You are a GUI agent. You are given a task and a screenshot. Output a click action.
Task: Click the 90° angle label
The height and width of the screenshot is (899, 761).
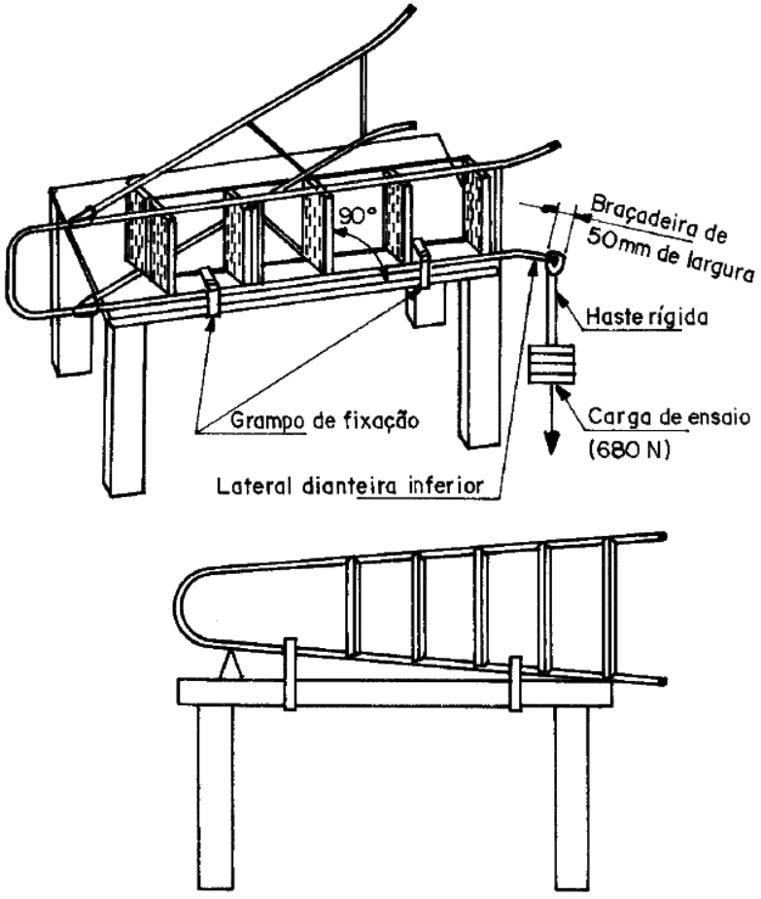tap(358, 215)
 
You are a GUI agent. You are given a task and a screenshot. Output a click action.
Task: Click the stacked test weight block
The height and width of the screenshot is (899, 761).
tap(551, 364)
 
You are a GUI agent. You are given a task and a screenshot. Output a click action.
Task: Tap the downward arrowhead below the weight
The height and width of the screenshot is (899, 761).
tap(551, 442)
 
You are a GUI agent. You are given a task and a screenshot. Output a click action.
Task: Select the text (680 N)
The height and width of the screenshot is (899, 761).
tap(628, 450)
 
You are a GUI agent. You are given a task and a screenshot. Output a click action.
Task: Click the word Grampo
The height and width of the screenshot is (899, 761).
tap(267, 421)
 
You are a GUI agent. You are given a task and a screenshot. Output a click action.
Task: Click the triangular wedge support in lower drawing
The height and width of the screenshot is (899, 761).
tap(230, 666)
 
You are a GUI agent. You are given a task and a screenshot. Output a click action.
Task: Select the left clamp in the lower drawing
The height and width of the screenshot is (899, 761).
tap(291, 673)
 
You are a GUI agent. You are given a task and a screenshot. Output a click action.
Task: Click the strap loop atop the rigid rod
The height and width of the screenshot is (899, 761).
tap(554, 262)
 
